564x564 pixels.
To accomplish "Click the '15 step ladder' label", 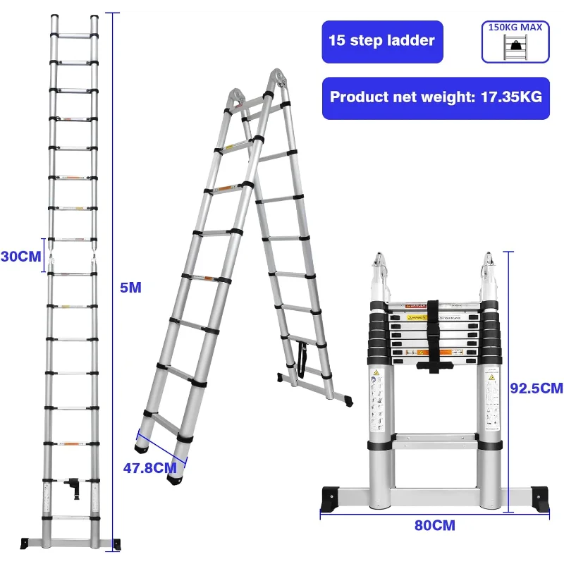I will pyautogui.click(x=381, y=41).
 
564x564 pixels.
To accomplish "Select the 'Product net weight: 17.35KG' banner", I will pyautogui.click(x=435, y=97).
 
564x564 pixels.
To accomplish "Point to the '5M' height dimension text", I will pyautogui.click(x=131, y=287).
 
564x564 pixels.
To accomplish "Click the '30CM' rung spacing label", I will pyautogui.click(x=20, y=257).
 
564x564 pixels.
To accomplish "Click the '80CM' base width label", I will pyautogui.click(x=434, y=525).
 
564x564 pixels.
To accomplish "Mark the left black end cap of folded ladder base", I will pyautogui.click(x=331, y=497).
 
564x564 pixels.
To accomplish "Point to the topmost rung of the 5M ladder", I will pyautogui.click(x=73, y=34).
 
